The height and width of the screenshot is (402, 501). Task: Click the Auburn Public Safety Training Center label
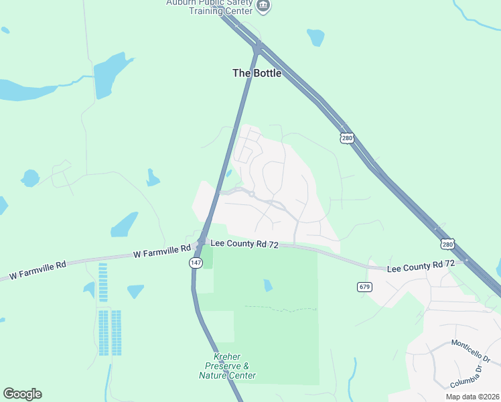(210, 6)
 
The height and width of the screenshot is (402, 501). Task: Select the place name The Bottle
(257, 73)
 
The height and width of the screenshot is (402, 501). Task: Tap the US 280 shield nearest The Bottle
(346, 138)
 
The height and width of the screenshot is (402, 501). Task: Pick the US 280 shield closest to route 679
(447, 243)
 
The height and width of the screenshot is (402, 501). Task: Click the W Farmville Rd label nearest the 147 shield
(162, 252)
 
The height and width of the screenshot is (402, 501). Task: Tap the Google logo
(22, 394)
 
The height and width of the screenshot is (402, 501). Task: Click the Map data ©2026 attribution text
(472, 397)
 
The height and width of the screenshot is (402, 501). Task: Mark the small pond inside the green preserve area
(268, 285)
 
